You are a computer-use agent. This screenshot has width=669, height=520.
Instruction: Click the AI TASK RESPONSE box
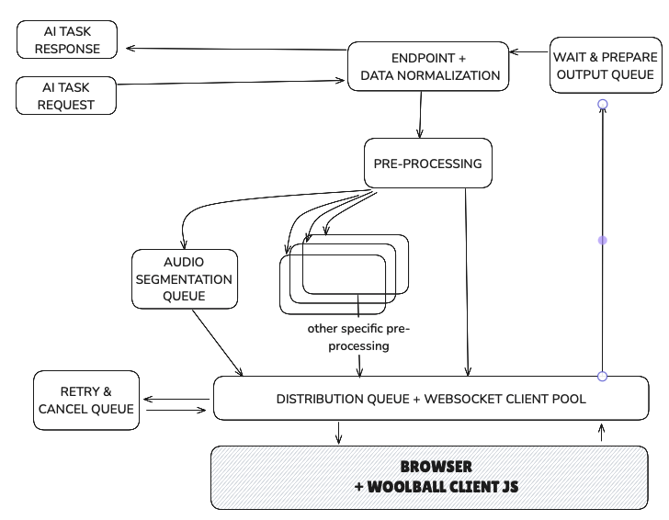(67, 40)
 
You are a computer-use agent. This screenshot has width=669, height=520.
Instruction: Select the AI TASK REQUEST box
(66, 96)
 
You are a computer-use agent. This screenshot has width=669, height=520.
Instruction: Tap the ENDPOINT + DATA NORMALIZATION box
(428, 66)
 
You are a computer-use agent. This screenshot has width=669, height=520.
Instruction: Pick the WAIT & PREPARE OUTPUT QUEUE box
(606, 65)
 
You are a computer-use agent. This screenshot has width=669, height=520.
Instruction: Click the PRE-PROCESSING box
(428, 163)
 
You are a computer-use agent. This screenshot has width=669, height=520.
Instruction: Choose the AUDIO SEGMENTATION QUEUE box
(185, 279)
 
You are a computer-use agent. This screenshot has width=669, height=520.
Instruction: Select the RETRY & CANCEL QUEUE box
(86, 401)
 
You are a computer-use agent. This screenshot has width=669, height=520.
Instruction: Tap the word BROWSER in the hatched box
(436, 466)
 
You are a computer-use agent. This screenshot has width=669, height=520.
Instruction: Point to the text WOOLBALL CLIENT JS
(442, 486)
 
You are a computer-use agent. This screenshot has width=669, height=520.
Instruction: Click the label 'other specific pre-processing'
(358, 337)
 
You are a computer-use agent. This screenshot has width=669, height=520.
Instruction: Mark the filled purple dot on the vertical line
(603, 241)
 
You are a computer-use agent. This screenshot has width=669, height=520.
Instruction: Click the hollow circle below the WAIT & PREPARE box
(603, 104)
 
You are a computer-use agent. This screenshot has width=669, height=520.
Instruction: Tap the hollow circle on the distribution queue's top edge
(603, 377)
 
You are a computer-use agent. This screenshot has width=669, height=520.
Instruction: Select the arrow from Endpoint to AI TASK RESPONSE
(237, 49)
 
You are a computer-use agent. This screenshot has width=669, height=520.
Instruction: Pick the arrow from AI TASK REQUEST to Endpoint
(231, 82)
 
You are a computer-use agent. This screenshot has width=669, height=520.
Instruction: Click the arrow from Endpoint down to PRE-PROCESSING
(420, 114)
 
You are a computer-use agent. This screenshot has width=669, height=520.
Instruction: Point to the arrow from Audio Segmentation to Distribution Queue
(217, 343)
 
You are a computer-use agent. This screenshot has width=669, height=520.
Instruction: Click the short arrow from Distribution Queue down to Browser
(339, 433)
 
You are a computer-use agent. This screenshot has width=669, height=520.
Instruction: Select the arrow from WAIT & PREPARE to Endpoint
(529, 52)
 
